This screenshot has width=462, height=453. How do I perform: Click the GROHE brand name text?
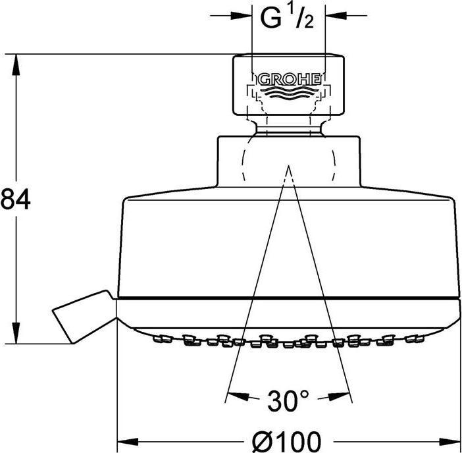click(290, 80)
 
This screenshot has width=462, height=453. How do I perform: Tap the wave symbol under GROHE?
click(289, 92)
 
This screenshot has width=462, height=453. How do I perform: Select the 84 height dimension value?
click(15, 199)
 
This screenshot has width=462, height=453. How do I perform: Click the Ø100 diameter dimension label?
click(286, 441)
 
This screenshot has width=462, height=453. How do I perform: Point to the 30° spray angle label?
click(288, 400)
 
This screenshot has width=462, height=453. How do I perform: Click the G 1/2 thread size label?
click(288, 18)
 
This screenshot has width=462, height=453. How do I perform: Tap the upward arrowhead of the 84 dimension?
click(16, 65)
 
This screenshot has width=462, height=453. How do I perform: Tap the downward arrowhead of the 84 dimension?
click(16, 333)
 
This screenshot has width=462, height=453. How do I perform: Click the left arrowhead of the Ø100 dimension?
click(128, 442)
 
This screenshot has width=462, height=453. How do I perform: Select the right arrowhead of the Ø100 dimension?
click(449, 442)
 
